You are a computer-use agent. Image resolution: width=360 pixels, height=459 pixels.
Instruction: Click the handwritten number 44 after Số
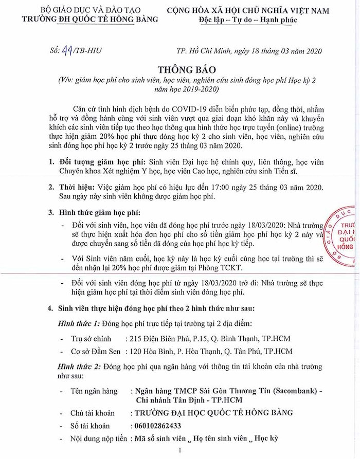point(67,50)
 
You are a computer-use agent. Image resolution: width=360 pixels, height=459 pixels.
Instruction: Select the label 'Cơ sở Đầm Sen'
point(95,352)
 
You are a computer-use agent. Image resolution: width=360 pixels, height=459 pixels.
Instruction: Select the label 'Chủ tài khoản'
point(93,413)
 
